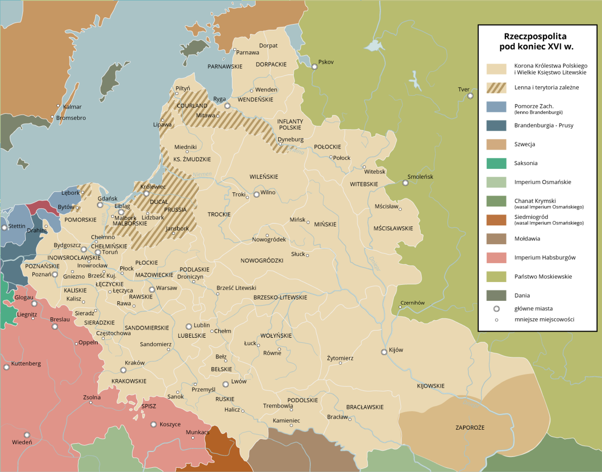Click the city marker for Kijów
coord(384,352)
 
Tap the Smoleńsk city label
coord(420,177)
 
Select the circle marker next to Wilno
coord(256,194)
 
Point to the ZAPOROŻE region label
coord(470,427)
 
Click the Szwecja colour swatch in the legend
coord(496,144)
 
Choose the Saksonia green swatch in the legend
coord(496,163)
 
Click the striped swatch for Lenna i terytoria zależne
coord(496,88)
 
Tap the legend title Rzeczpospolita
coord(535,36)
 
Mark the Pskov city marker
coord(314,67)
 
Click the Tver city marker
coord(470,96)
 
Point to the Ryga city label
coord(219,99)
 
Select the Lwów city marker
coord(225,384)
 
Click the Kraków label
coord(135,363)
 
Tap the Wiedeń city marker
coord(27,435)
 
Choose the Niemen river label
coord(202,174)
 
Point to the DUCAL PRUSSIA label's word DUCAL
coord(159,202)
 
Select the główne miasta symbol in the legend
coord(496,309)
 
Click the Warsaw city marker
coord(152,289)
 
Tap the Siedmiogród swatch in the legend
coord(496,220)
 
